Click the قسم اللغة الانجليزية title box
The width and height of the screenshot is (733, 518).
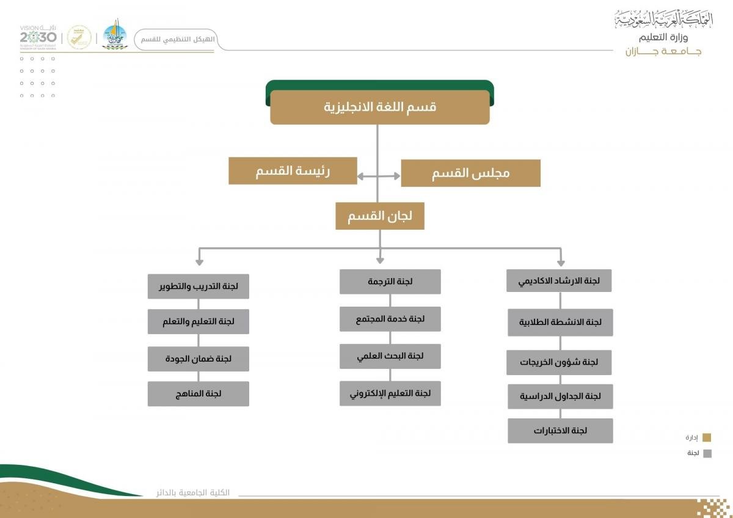tap(379, 107)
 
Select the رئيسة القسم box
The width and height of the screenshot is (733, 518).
tap(293, 170)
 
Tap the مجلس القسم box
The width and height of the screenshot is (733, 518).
tap(470, 173)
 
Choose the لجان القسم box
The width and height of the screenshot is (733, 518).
tap(379, 216)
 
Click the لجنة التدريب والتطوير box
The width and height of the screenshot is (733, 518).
tap(198, 286)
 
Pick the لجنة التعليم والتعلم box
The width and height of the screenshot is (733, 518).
tap(198, 321)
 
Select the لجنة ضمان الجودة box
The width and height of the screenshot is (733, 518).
tap(198, 359)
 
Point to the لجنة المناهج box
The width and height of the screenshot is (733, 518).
tap(198, 393)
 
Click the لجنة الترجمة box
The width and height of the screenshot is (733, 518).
tap(390, 282)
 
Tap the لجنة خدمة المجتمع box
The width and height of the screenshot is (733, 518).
tap(390, 319)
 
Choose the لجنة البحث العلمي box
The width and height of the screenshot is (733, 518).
tap(390, 356)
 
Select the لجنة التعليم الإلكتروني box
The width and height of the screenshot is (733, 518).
tap(390, 393)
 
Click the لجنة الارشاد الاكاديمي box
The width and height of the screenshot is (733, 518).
tap(559, 281)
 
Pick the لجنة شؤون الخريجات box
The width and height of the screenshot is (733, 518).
tap(559, 362)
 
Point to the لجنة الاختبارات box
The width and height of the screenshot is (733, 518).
tap(560, 431)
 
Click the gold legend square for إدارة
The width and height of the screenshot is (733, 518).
tap(707, 437)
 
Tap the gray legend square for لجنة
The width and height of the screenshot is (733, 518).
tap(707, 453)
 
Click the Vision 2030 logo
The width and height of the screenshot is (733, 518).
tap(38, 37)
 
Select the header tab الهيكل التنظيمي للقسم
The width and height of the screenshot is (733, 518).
tap(175, 39)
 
